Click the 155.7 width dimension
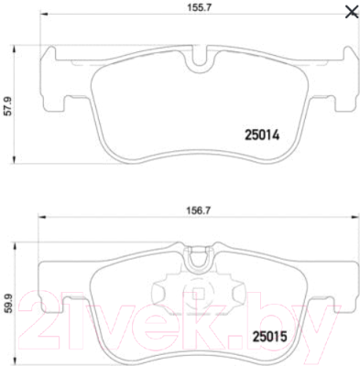click(x=199, y=7)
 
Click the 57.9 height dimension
click(x=8, y=106)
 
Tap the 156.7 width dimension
click(x=199, y=210)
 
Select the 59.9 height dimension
click(x=8, y=304)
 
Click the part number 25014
click(x=262, y=135)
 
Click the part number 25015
click(x=270, y=337)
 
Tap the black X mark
click(x=352, y=12)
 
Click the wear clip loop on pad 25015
click(x=200, y=259)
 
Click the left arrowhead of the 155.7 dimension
click(x=44, y=14)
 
